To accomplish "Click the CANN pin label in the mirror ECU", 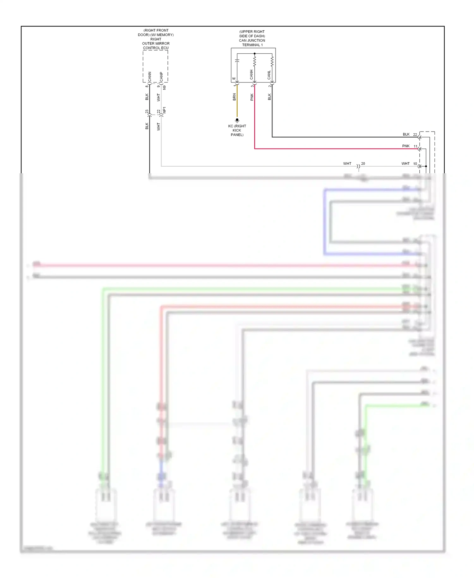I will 150,76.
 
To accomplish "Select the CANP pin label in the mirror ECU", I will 161,77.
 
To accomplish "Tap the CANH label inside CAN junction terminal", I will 252,75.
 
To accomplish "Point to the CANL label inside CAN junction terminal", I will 269,75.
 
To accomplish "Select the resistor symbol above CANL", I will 272,61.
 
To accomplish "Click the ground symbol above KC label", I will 237,120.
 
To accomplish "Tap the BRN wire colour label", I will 234,97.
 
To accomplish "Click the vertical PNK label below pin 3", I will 252,97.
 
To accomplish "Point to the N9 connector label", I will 164,87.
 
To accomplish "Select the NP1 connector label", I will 164,110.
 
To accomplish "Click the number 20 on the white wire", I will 363,163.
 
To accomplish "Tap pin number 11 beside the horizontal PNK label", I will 416,146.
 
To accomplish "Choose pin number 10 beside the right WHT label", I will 415,163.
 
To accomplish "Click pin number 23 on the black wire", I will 147,112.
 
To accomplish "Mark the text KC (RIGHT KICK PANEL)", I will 237,130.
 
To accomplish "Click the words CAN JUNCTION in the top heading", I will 252,40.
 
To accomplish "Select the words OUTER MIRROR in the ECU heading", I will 156,44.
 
